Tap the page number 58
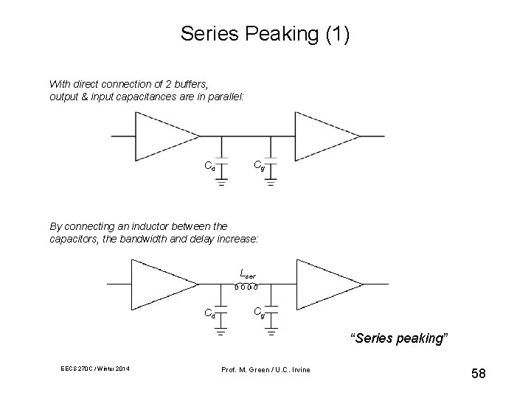pos(478,374)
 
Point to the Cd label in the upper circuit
pos(209,166)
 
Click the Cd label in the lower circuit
pos(209,313)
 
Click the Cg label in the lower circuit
pos(260,311)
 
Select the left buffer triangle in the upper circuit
pos(165,136)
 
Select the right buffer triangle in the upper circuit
pos(325,136)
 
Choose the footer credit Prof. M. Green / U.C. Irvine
pos(266,369)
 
